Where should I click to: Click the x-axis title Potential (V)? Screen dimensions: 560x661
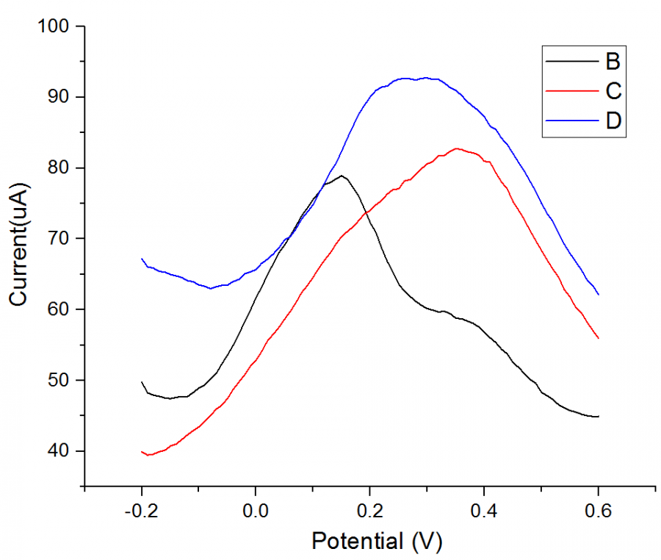point(378,542)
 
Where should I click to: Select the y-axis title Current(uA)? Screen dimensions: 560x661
point(18,247)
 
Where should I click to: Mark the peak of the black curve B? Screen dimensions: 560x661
point(342,176)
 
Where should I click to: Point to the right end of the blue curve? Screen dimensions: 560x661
point(599,295)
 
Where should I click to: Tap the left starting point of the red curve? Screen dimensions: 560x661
point(142,451)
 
